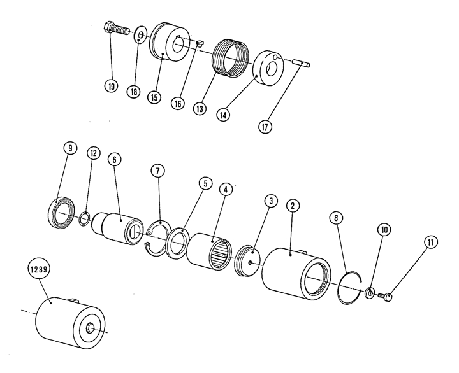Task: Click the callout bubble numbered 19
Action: (x=112, y=87)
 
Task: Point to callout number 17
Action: (x=266, y=126)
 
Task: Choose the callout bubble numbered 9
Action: (x=70, y=148)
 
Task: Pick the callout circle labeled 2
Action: (x=292, y=206)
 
